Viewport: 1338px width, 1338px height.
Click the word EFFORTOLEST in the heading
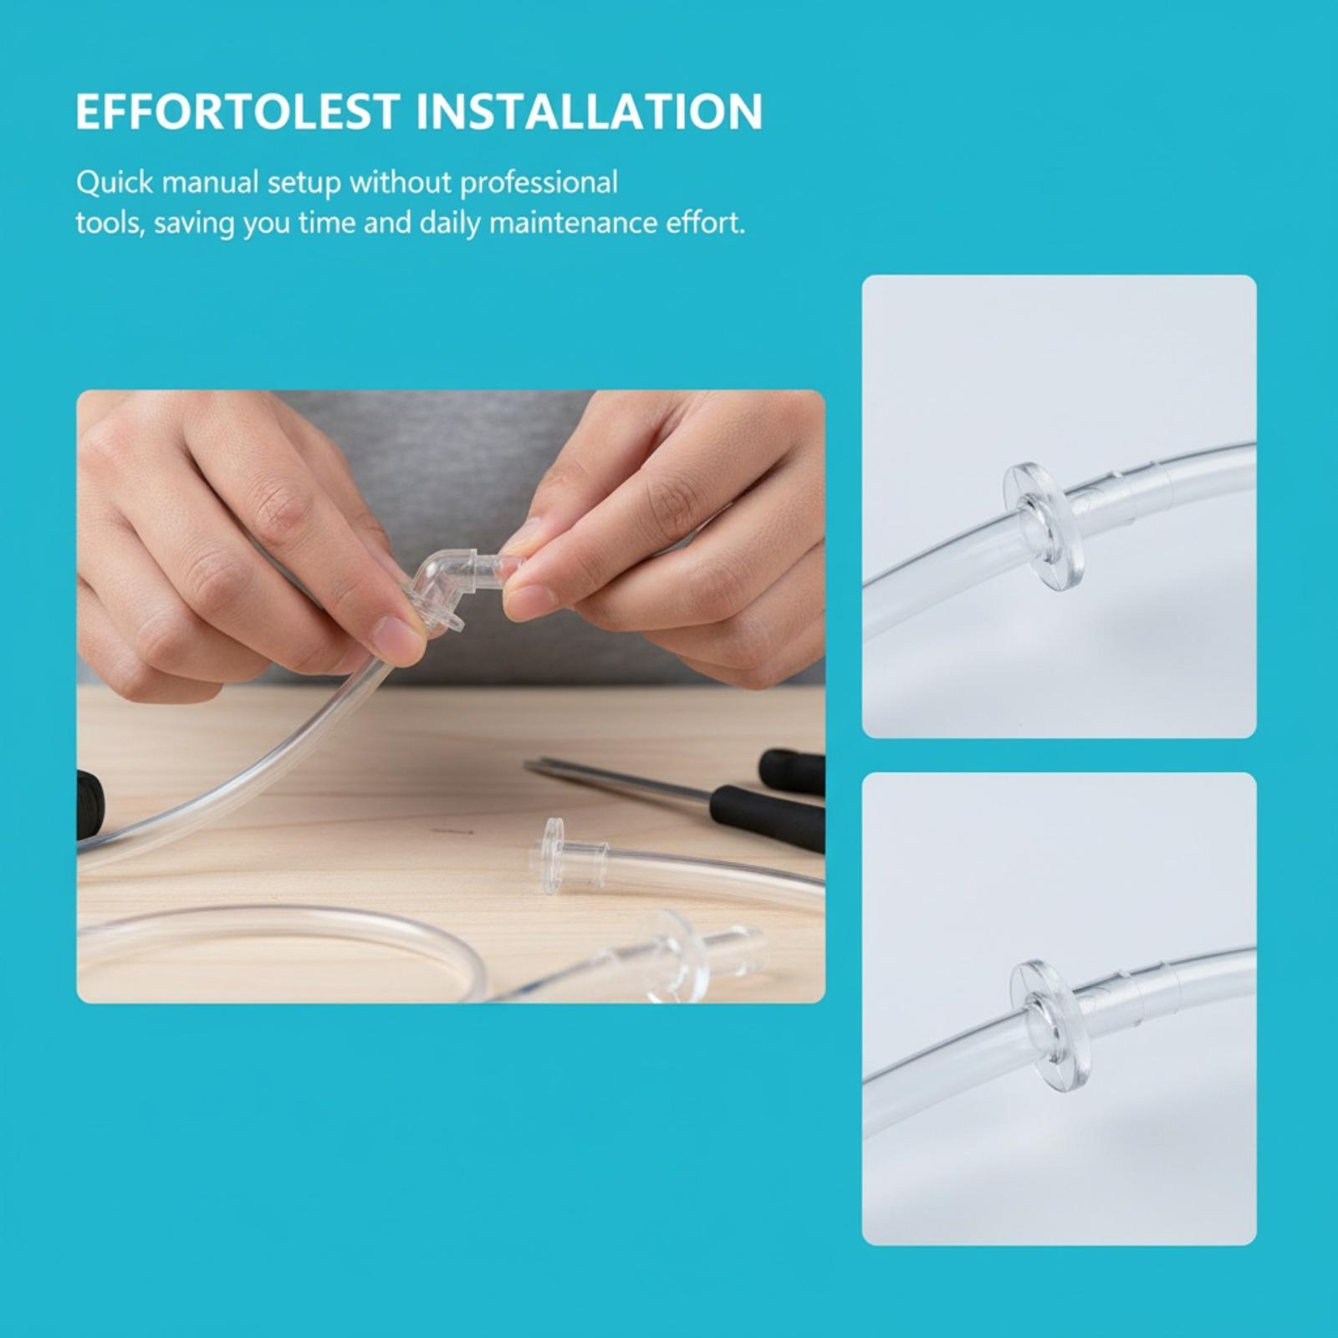point(237,112)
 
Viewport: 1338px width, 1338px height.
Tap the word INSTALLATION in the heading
point(589,112)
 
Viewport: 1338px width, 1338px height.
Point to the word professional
point(539,183)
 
